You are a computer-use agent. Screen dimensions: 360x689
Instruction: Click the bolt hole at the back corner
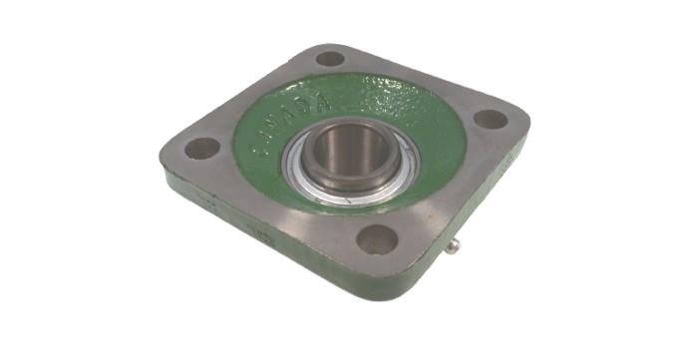click(330, 58)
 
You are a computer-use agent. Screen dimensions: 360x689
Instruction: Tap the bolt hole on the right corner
click(490, 119)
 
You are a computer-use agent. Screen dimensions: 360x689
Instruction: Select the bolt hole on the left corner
click(202, 149)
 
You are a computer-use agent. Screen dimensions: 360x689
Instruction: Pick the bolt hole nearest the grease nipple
click(379, 239)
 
